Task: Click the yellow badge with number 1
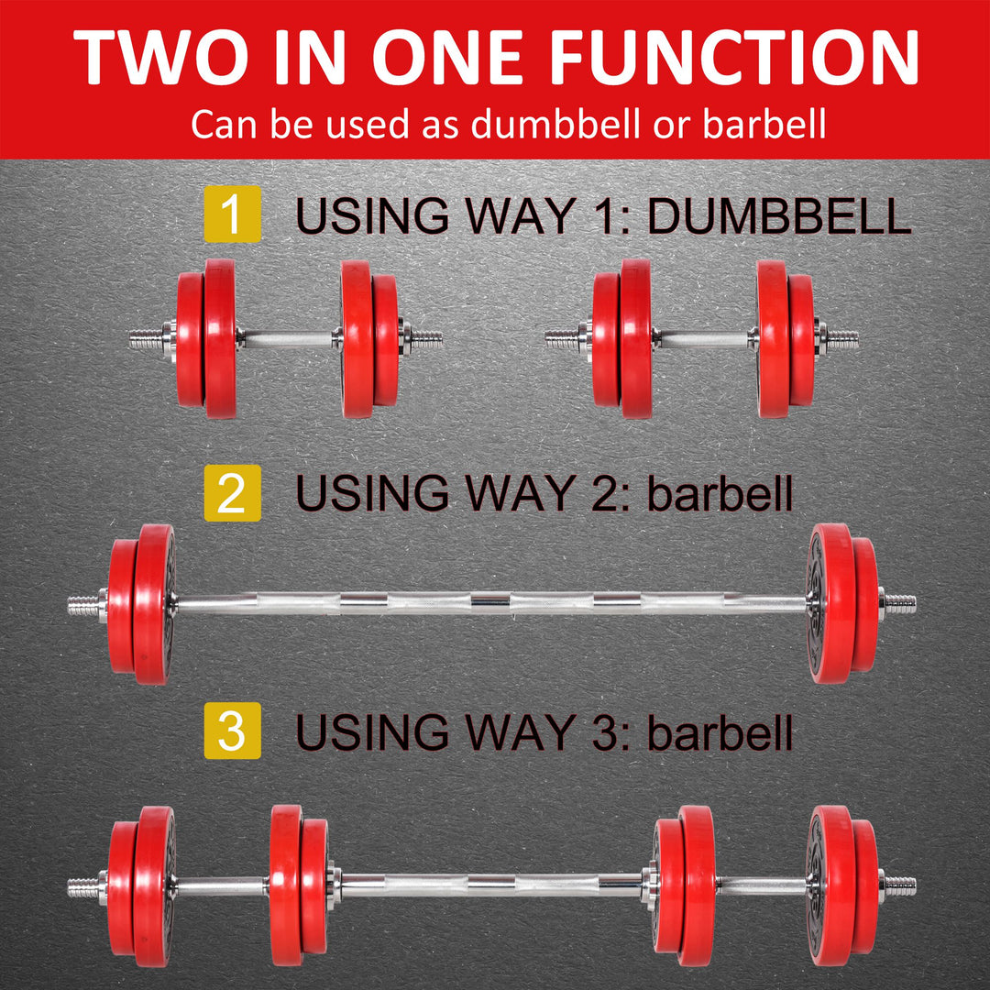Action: coord(232,215)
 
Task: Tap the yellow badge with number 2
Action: coord(232,493)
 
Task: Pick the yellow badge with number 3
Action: coord(232,734)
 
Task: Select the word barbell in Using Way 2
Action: coord(720,494)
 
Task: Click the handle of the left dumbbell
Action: coord(288,338)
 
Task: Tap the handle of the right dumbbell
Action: coord(704,338)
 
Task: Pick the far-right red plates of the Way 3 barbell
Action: coord(842,885)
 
